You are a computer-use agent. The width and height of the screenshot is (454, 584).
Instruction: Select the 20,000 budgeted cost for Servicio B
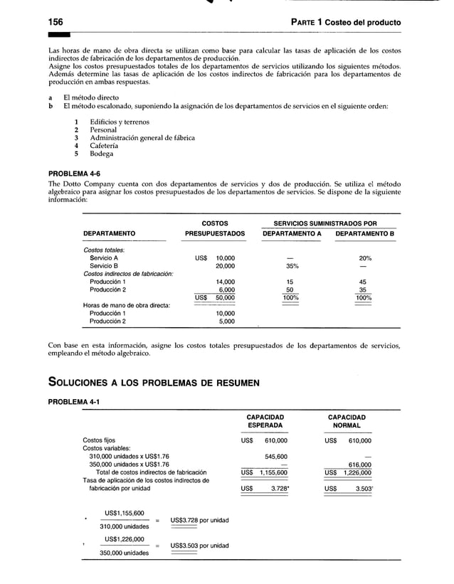[x=226, y=266]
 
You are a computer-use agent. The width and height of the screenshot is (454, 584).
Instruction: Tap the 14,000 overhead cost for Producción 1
[x=226, y=282]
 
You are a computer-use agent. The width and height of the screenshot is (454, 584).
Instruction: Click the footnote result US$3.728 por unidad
[x=199, y=521]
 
